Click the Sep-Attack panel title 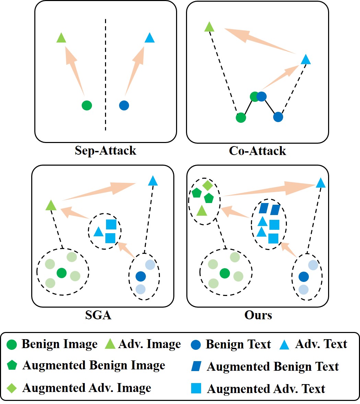pyautogui.click(x=105, y=151)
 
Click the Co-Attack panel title pyautogui.click(x=257, y=151)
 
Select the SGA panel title pyautogui.click(x=98, y=315)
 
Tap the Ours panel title pyautogui.click(x=258, y=315)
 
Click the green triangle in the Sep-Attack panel pyautogui.click(x=61, y=38)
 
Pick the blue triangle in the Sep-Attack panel pyautogui.click(x=150, y=38)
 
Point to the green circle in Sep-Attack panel pyautogui.click(x=87, y=105)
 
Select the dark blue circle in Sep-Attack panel pyautogui.click(x=124, y=105)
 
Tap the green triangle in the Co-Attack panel pyautogui.click(x=209, y=27)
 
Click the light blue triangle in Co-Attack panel pyautogui.click(x=305, y=60)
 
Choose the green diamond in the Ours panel pyautogui.click(x=207, y=186)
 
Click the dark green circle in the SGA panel pyautogui.click(x=61, y=273)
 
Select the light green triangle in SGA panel pyautogui.click(x=51, y=205)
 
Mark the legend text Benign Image pyautogui.click(x=59, y=344)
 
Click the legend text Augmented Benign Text pyautogui.click(x=272, y=367)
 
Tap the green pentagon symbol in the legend pyautogui.click(x=12, y=366)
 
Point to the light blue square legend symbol pyautogui.click(x=196, y=388)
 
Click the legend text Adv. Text pyautogui.click(x=321, y=344)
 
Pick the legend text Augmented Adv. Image pyautogui.click(x=86, y=388)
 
